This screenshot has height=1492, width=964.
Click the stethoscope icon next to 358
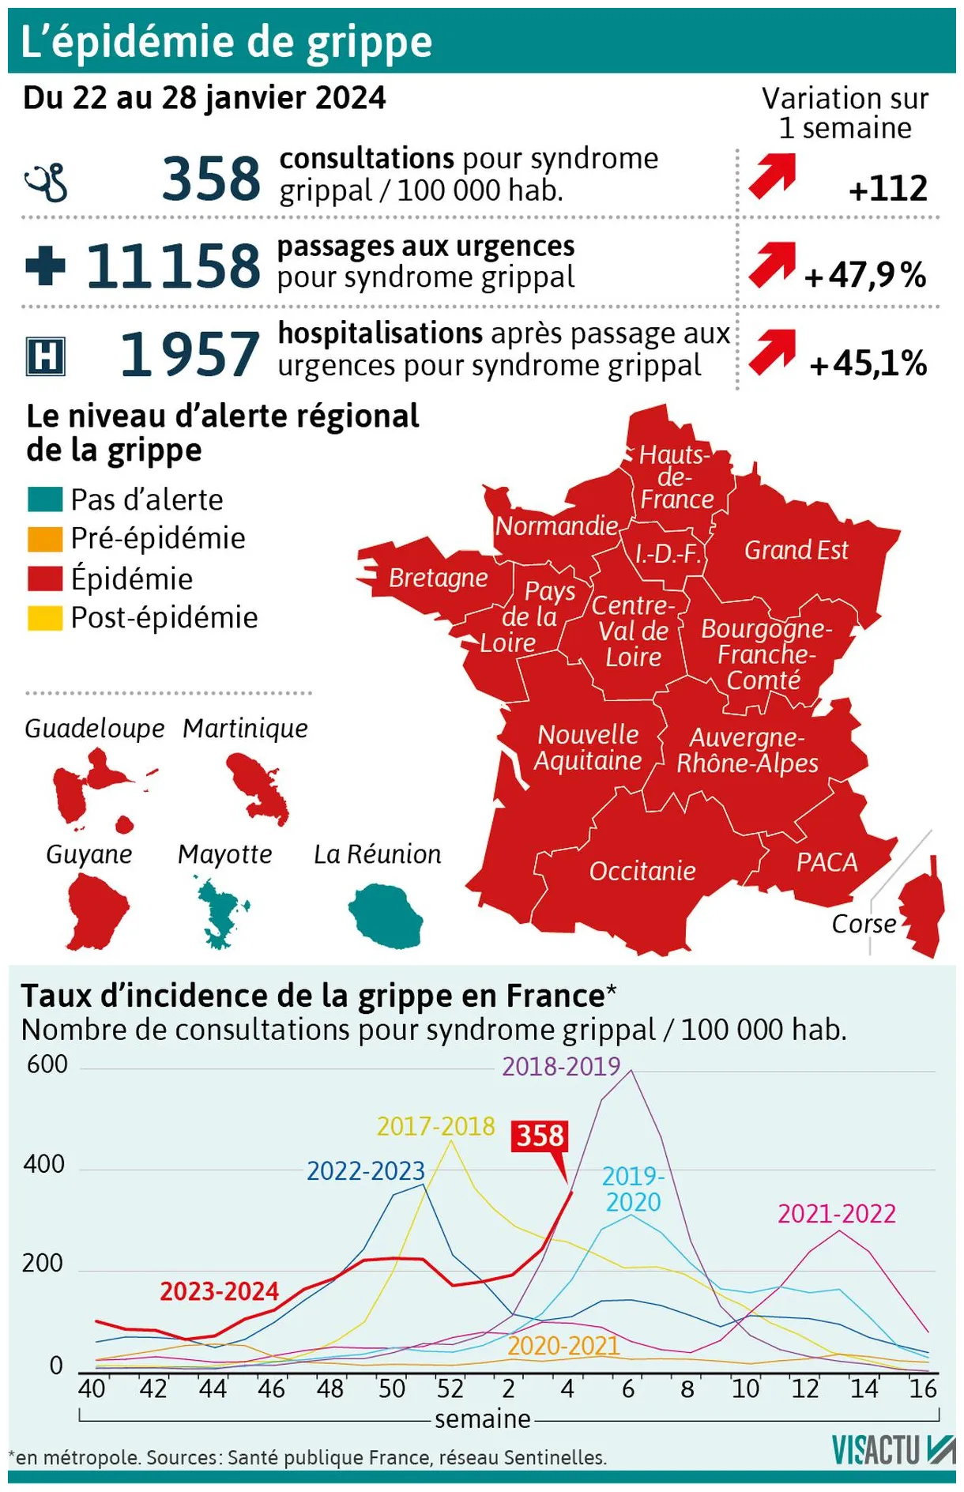[x=47, y=182]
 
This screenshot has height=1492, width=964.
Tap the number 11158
[x=172, y=266]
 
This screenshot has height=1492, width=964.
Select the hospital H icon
[x=46, y=356]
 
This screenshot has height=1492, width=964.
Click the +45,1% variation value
[x=868, y=363]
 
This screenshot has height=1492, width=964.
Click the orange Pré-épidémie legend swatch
[x=45, y=539]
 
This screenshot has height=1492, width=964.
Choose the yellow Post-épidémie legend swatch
[x=45, y=618]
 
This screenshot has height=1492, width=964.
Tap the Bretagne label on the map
[x=438, y=577]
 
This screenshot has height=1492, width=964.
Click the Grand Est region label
[x=796, y=550]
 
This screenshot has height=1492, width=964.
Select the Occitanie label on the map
[x=642, y=871]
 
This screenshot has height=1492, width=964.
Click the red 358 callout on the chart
[x=540, y=1136]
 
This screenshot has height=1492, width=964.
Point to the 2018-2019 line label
[x=561, y=1067]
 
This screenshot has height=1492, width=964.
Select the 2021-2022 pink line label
[x=836, y=1213]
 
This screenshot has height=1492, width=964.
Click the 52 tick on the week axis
[x=450, y=1388]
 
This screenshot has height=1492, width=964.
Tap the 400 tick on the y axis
[x=44, y=1164]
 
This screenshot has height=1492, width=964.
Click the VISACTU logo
[x=893, y=1449]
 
